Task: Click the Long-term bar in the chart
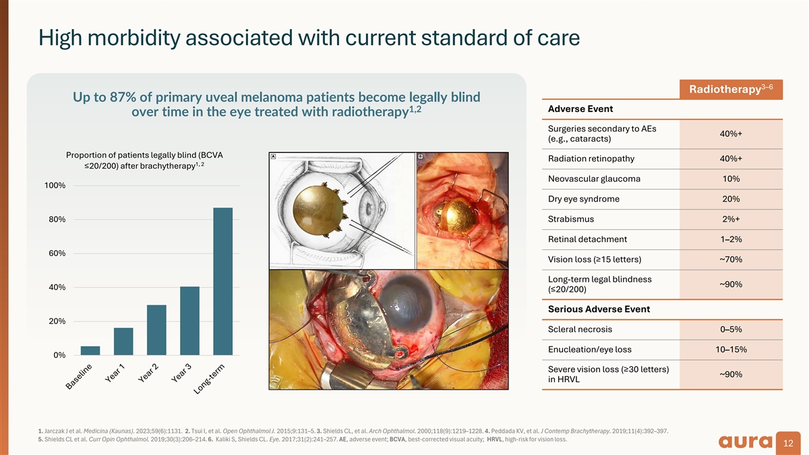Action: coord(223,281)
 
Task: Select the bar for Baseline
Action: coord(90,351)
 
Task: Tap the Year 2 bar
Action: coord(156,330)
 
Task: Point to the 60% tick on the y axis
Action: coord(57,253)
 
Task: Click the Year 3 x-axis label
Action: coord(181,373)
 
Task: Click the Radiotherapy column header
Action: coord(731,89)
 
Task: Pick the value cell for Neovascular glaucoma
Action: coord(731,179)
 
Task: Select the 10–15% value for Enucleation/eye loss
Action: coord(731,350)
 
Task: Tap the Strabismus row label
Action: coord(570,219)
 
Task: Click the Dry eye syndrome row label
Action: coord(584,199)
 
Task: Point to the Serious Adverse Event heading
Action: coord(599,309)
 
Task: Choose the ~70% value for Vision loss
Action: coord(731,260)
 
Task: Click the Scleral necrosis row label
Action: coord(580,330)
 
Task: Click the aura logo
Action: coord(745,442)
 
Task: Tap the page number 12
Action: coord(788,443)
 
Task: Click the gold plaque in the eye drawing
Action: coord(317,210)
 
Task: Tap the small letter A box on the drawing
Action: coord(274,156)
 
